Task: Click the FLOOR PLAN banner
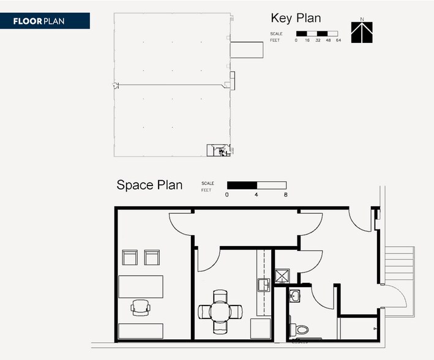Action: [x=45, y=21]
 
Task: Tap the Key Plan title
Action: [x=296, y=18]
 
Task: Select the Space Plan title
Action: [x=149, y=185]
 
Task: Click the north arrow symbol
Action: [x=362, y=32]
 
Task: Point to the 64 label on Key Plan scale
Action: [x=339, y=40]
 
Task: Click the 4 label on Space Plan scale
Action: [x=256, y=195]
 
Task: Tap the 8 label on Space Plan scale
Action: [x=286, y=195]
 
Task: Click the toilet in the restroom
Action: [x=299, y=329]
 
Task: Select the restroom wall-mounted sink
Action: [x=294, y=296]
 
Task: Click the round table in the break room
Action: [x=220, y=312]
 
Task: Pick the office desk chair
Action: [x=140, y=307]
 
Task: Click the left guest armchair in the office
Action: [x=130, y=258]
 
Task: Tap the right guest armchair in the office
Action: [x=152, y=258]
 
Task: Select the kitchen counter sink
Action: [x=264, y=285]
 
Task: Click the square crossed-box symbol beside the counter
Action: [x=282, y=276]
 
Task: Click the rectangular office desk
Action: [x=141, y=287]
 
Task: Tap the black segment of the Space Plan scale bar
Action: [x=242, y=186]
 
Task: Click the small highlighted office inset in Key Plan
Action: [x=219, y=151]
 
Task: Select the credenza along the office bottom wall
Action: [x=141, y=331]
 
